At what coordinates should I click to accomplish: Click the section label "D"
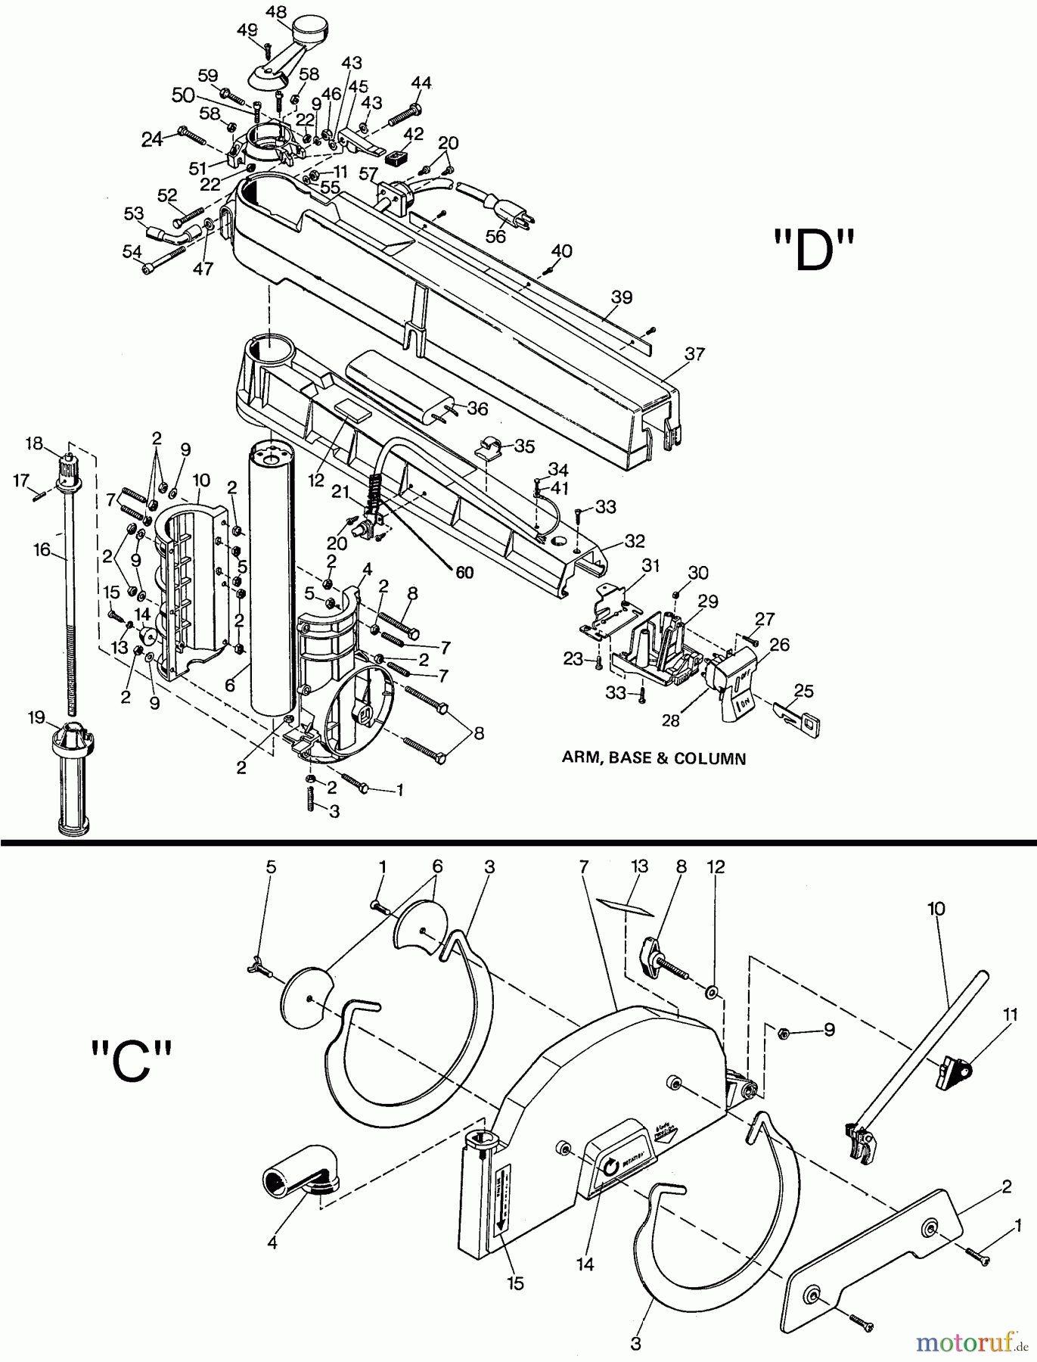tap(813, 252)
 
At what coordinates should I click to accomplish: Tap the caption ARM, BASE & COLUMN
tap(654, 758)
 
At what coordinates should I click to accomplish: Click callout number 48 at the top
tap(277, 13)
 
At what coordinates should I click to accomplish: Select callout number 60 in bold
tap(464, 573)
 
